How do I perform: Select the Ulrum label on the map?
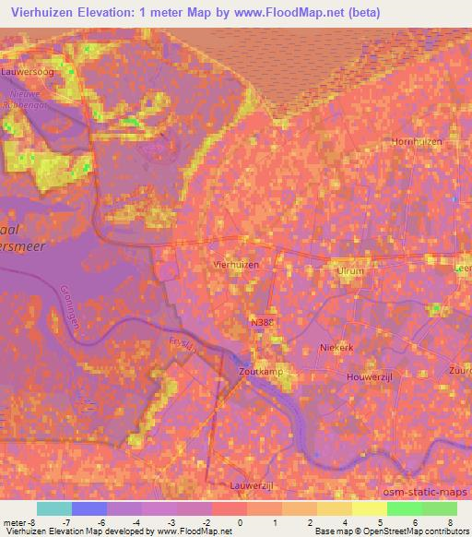click(351, 271)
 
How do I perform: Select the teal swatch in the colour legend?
click(53, 509)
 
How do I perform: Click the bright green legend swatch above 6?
click(404, 509)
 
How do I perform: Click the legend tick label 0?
click(239, 521)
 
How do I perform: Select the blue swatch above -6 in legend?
click(88, 509)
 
